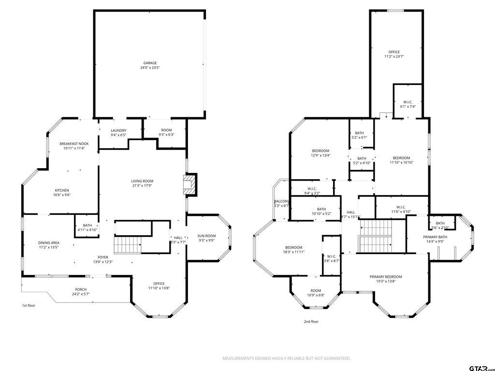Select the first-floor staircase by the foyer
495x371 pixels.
[127, 245]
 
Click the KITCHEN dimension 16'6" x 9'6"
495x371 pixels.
[62, 195]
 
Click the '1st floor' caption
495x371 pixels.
[29, 305]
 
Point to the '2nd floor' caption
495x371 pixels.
[311, 321]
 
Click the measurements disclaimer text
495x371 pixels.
[286, 358]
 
